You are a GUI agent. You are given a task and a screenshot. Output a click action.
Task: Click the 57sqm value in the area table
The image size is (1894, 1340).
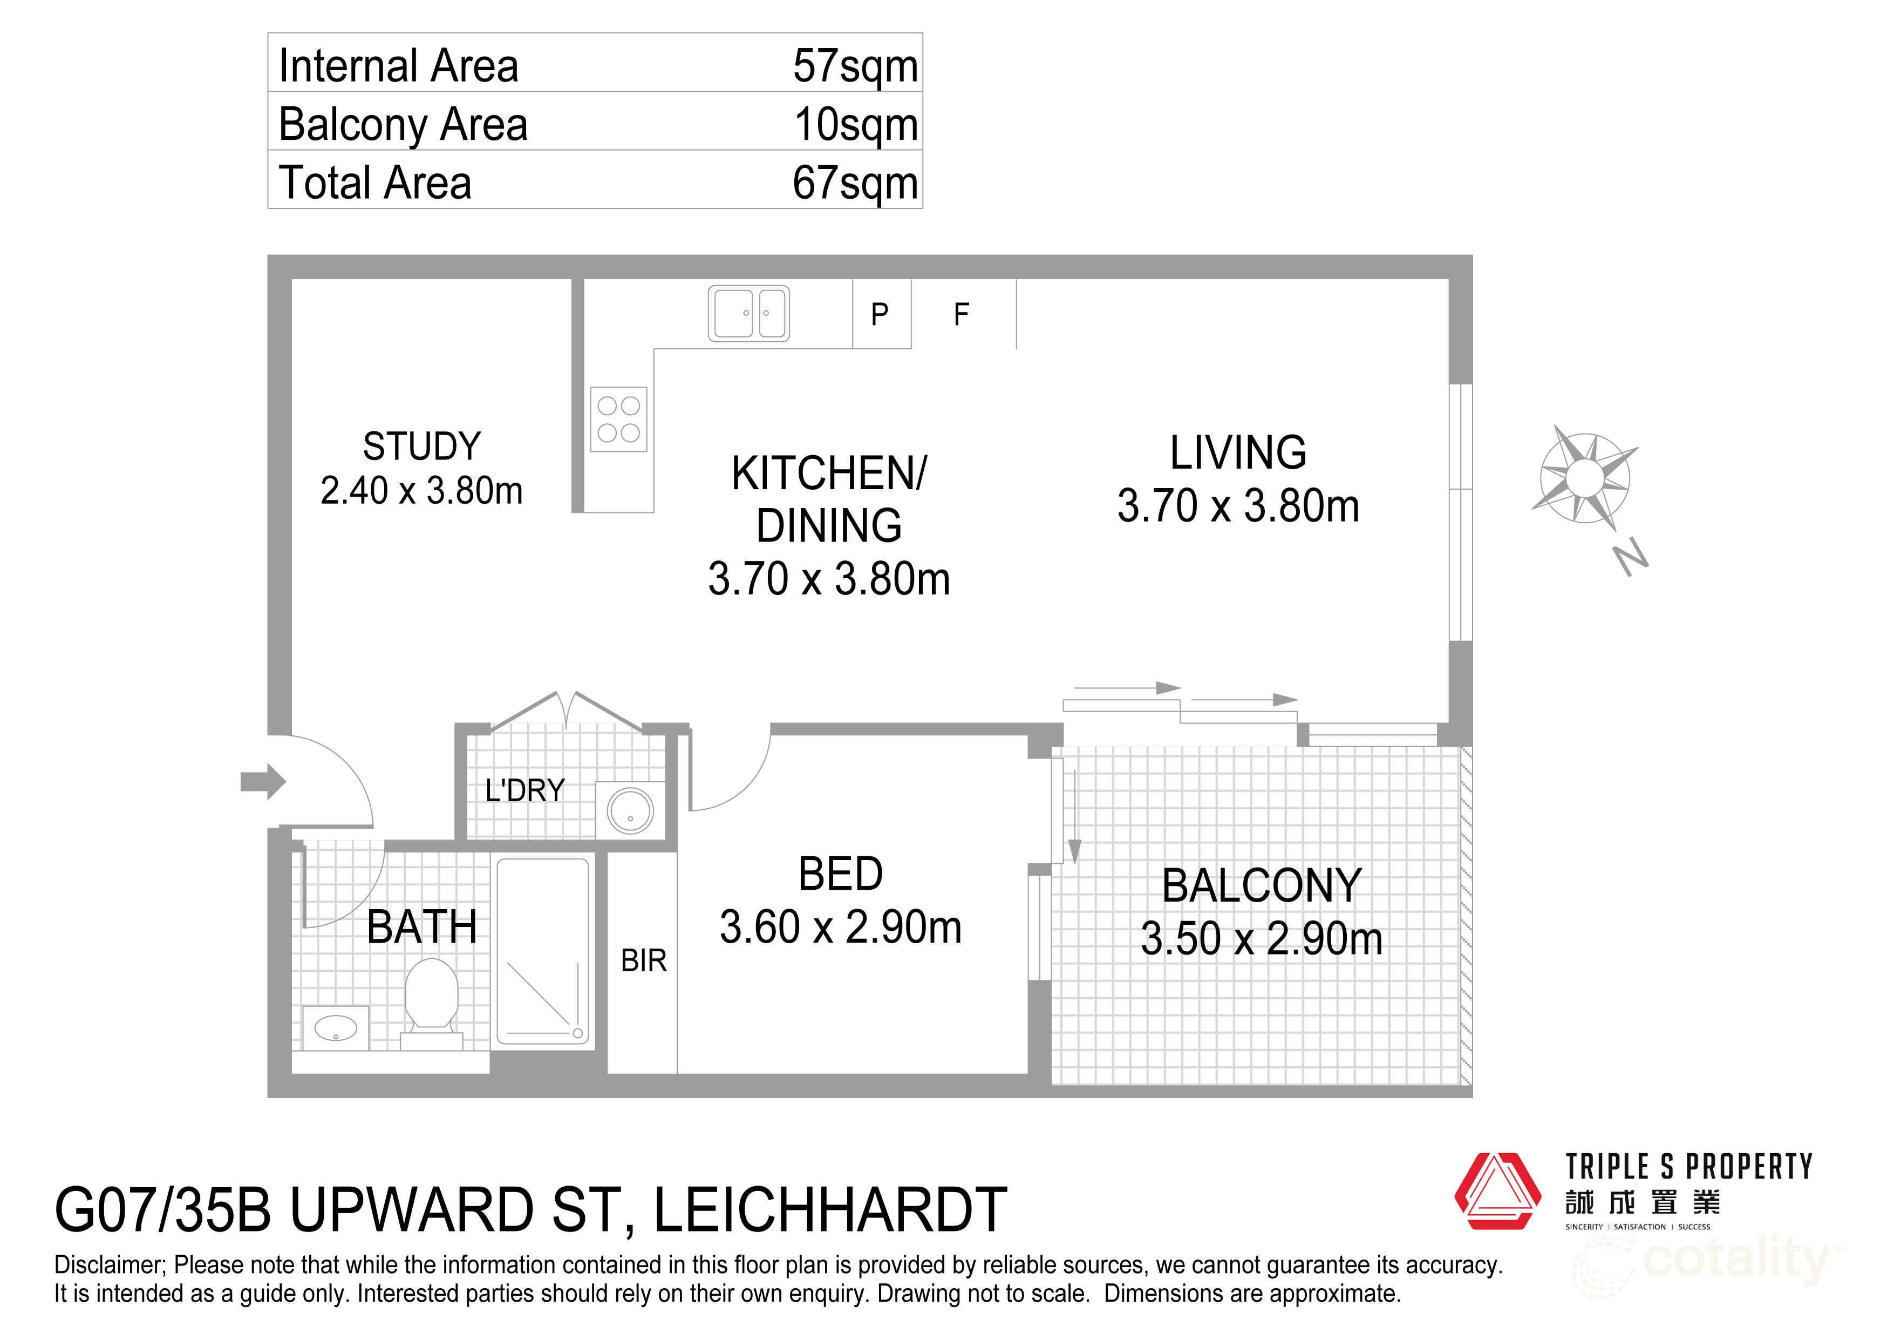[855, 66]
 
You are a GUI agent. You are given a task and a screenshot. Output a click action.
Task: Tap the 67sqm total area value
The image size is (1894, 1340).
[855, 183]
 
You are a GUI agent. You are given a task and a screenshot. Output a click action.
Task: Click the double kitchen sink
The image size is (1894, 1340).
[748, 314]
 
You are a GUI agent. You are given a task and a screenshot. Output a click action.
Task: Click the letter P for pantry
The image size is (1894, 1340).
[880, 314]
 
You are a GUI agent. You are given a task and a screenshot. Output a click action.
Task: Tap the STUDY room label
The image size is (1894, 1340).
[421, 446]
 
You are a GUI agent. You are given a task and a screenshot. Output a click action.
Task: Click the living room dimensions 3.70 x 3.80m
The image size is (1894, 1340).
[1237, 506]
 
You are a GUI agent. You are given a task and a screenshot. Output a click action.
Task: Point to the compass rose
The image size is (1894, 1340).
[1583, 477]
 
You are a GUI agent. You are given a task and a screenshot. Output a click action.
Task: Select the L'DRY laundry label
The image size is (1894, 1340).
[524, 790]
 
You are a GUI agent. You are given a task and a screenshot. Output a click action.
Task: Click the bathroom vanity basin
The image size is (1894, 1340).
[336, 1028]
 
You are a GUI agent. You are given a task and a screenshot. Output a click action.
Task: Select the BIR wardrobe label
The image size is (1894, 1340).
[643, 960]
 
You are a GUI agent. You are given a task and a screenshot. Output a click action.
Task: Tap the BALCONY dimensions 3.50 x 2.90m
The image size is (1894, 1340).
[1261, 939]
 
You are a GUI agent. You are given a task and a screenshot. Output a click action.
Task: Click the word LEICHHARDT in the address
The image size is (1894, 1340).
[830, 1210]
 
